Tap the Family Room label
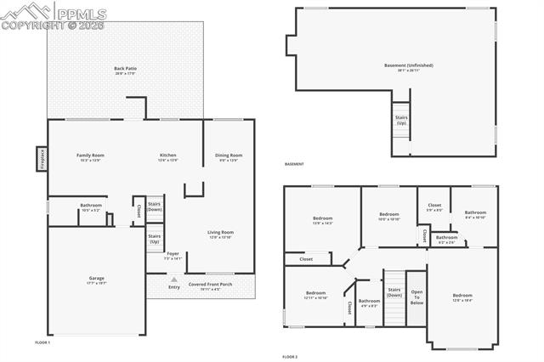90,156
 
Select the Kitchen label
168,156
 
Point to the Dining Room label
229,156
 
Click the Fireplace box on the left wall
40,159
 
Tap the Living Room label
220,234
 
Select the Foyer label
173,255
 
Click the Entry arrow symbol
174,279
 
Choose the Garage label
97,280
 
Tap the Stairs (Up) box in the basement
401,120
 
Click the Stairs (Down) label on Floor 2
394,293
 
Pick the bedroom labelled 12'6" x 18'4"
462,297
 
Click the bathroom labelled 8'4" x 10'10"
475,214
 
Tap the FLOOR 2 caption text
290,357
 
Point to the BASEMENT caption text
294,164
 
